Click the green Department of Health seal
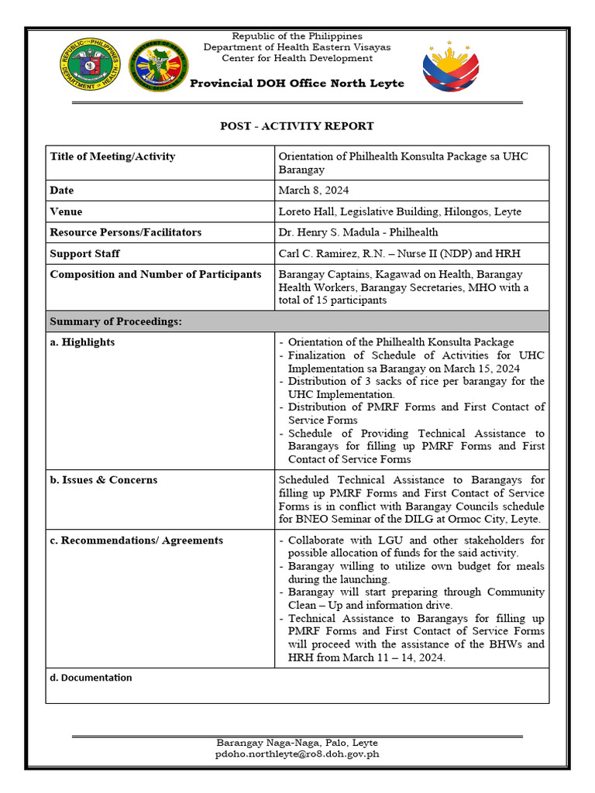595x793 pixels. [91, 66]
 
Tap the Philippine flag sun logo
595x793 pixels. [451, 67]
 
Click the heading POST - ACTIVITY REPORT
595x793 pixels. [297, 125]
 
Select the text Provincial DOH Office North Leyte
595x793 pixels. [297, 84]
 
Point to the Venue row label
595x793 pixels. [66, 211]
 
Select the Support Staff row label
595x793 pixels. [84, 253]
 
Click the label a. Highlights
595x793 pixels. [82, 342]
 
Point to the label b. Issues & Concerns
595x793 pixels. [103, 480]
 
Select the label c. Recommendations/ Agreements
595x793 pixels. [136, 541]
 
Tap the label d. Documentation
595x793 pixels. [91, 678]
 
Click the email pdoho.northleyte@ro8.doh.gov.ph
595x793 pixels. [297, 754]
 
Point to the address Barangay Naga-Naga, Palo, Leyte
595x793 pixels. [297, 743]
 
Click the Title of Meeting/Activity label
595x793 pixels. [112, 156]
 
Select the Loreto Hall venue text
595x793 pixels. [400, 211]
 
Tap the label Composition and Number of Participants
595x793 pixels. [155, 274]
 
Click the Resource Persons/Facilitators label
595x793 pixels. [126, 232]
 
